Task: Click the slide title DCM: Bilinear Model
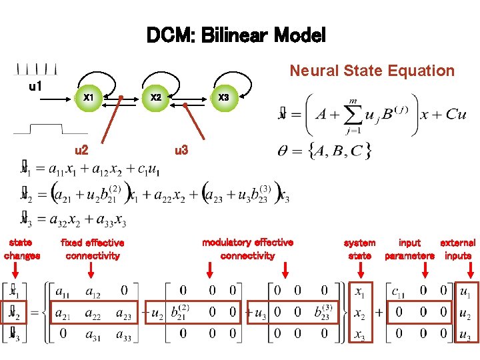236,35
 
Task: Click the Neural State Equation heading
371,71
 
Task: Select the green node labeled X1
88,98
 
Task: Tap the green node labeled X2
156,98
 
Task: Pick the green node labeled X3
224,98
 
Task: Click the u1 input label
35,87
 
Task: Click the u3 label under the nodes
181,151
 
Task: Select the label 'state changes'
22,249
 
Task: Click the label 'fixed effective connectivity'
92,249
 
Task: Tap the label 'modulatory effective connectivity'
247,249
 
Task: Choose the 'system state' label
359,249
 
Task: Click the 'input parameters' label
409,249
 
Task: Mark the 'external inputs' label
458,249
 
